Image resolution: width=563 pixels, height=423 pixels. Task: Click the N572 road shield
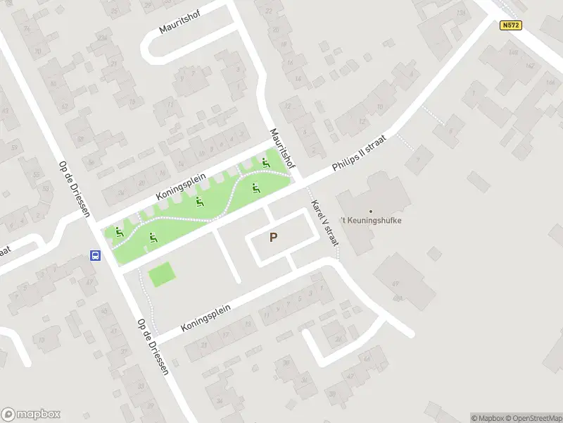510,25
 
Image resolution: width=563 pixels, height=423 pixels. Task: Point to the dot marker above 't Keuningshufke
371,210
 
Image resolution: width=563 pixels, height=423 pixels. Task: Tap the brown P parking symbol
273,238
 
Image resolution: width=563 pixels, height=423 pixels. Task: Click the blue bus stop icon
94,256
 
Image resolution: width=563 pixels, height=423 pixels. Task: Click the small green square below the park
161,274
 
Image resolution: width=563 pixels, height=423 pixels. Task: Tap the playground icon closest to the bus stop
119,232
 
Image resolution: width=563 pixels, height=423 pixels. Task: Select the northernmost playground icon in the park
266,164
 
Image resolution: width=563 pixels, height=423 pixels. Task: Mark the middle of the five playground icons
200,202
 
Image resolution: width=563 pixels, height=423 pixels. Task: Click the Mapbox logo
31,415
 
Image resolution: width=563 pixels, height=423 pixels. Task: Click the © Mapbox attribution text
488,417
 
